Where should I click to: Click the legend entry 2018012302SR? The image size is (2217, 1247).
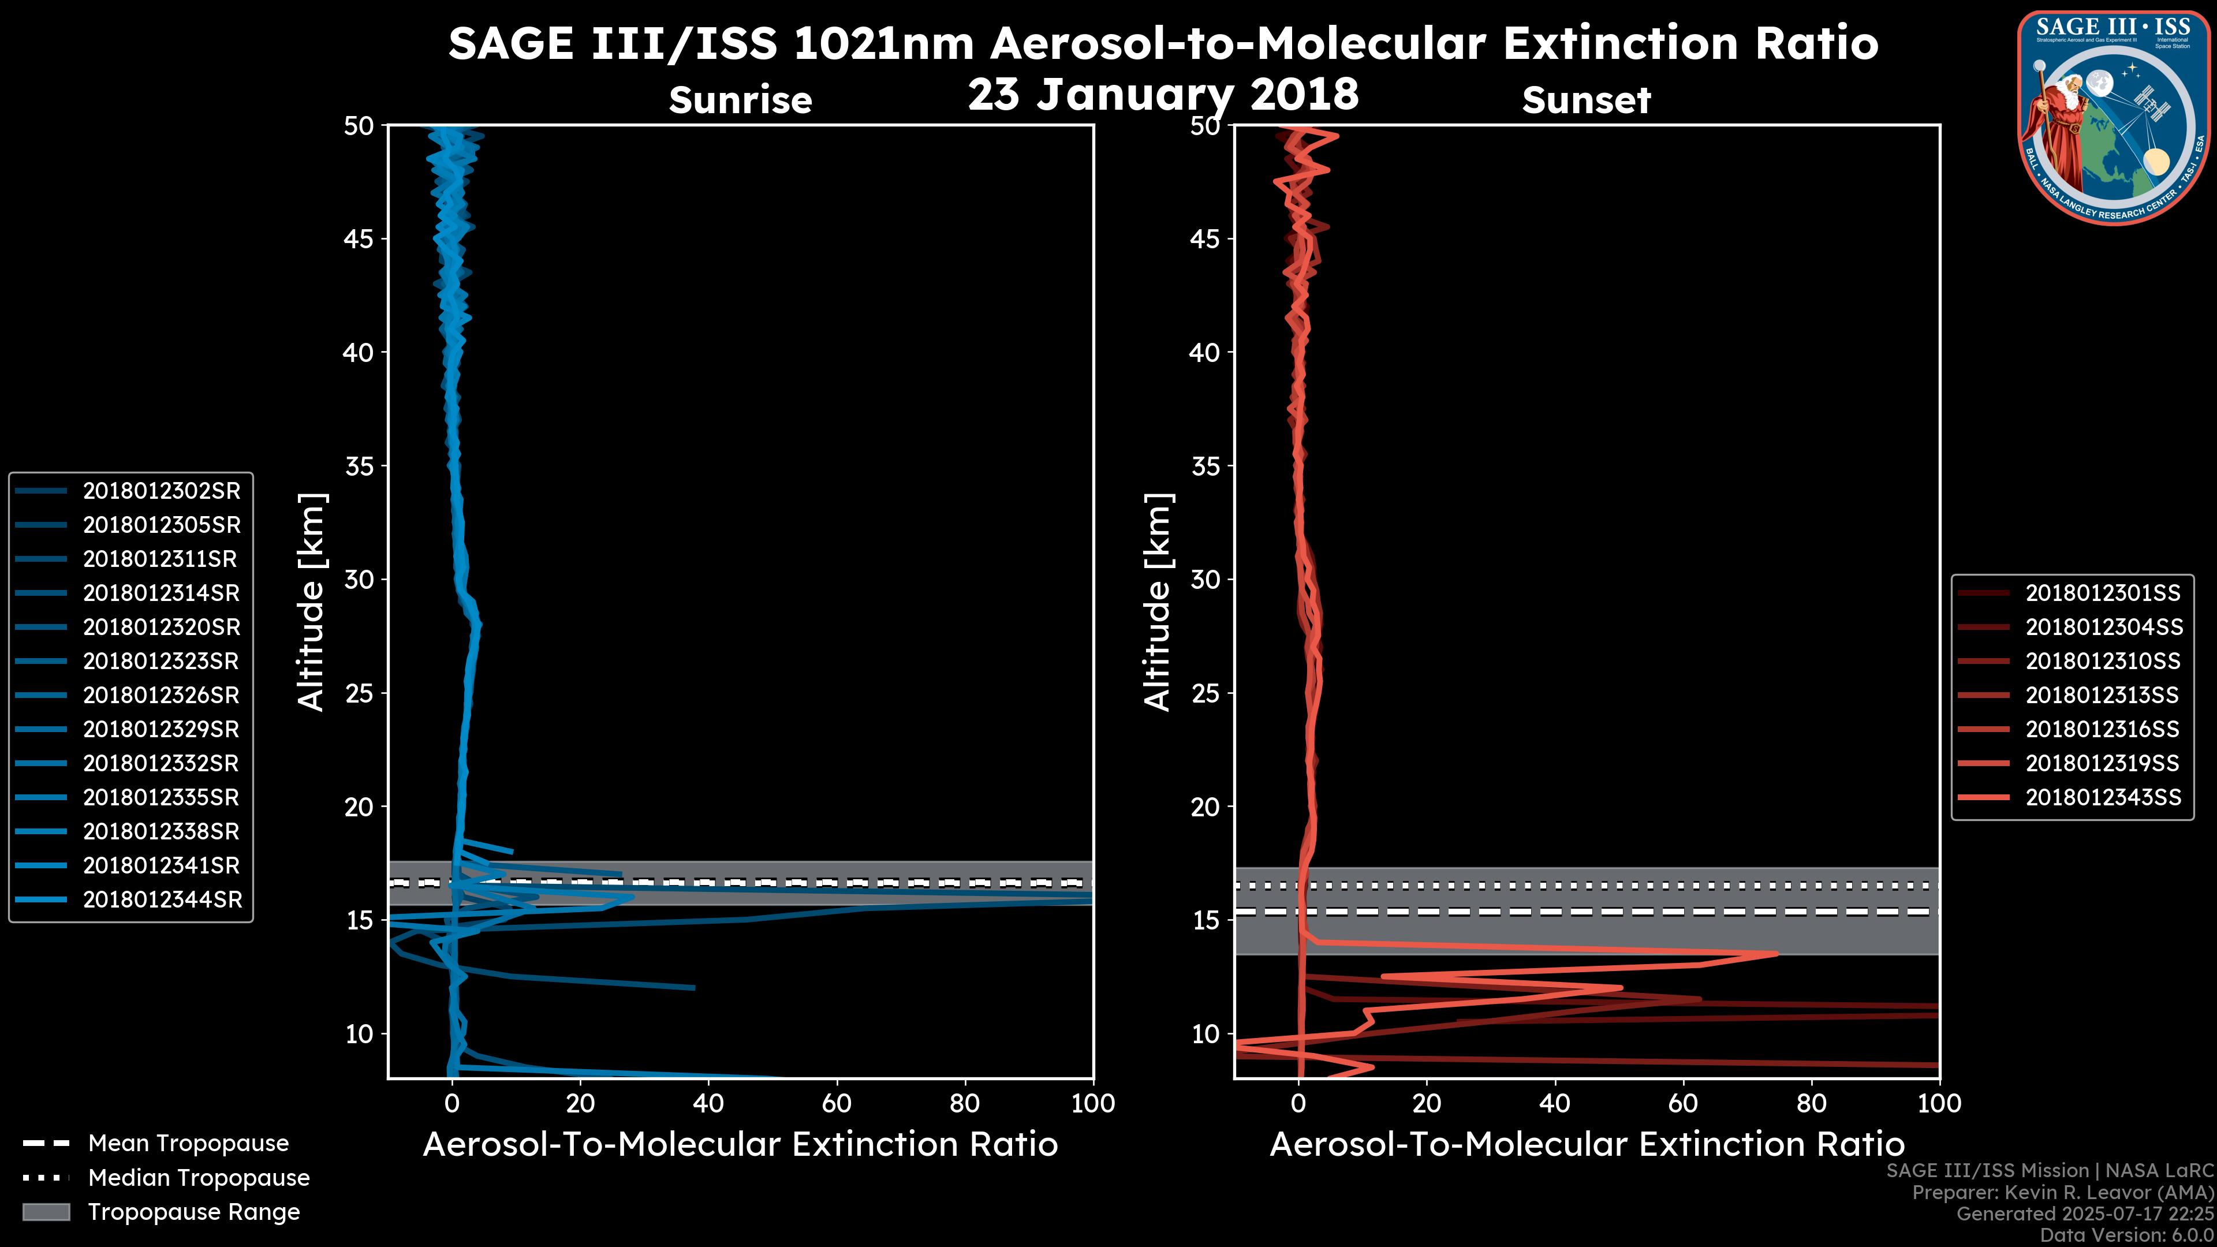tap(161, 491)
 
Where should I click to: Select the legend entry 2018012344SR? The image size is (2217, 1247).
tap(161, 899)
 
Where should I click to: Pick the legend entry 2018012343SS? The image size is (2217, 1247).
tap(2103, 798)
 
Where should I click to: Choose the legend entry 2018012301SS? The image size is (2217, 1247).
tap(2103, 593)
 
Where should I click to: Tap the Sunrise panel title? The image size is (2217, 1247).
tap(740, 100)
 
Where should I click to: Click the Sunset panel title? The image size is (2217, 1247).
tap(1586, 100)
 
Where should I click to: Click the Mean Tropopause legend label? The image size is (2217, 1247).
tap(188, 1144)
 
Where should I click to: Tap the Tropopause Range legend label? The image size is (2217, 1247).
tap(193, 1212)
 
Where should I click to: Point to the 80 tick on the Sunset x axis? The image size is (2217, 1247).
tap(1812, 1103)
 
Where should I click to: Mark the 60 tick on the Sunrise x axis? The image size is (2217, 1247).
tap(837, 1103)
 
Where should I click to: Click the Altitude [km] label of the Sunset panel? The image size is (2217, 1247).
tap(1158, 602)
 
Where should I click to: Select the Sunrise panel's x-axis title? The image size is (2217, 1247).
tap(740, 1145)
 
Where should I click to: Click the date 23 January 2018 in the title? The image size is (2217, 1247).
tap(1163, 94)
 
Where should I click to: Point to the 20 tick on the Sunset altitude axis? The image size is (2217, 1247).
tap(1205, 807)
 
